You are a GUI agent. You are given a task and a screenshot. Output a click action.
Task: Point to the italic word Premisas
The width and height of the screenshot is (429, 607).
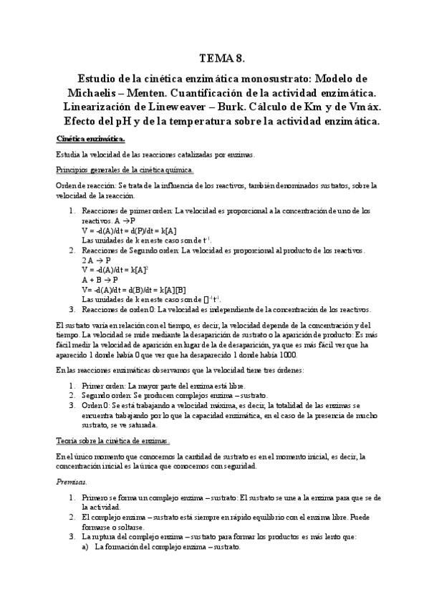click(x=71, y=482)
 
